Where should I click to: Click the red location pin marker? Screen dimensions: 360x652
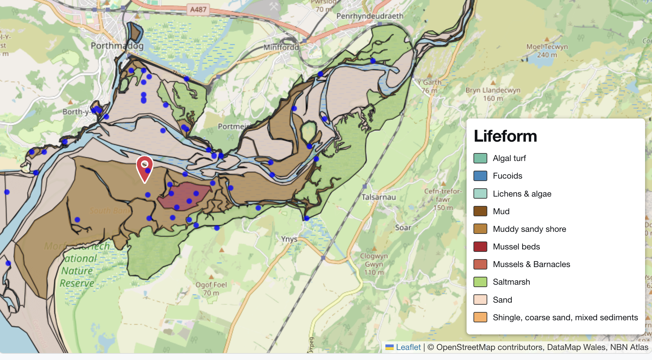pyautogui.click(x=145, y=167)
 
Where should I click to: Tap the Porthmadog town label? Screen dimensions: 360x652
pyautogui.click(x=117, y=46)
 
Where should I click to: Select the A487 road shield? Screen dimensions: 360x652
pyautogui.click(x=198, y=9)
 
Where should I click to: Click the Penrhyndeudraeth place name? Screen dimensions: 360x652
pyautogui.click(x=370, y=16)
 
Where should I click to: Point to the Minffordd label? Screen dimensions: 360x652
pyautogui.click(x=281, y=47)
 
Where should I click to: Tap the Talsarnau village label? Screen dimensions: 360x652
pyautogui.click(x=378, y=197)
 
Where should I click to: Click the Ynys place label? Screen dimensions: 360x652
pyautogui.click(x=289, y=239)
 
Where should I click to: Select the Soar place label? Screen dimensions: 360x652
pyautogui.click(x=403, y=228)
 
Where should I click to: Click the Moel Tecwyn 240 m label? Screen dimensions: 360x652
pyautogui.click(x=547, y=51)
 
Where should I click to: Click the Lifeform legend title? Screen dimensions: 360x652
pyautogui.click(x=505, y=136)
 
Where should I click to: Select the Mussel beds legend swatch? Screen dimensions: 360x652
pyautogui.click(x=480, y=247)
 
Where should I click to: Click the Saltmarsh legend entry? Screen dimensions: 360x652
pyautogui.click(x=511, y=282)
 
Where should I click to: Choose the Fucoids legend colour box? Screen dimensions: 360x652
pyautogui.click(x=480, y=176)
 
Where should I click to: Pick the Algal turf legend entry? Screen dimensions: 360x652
pyautogui.click(x=509, y=158)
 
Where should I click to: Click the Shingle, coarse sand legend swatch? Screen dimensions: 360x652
pyautogui.click(x=480, y=317)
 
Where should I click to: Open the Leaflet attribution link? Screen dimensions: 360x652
pyautogui.click(x=408, y=347)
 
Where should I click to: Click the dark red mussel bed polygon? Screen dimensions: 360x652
pyautogui.click(x=185, y=196)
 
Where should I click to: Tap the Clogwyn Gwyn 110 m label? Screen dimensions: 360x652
pyautogui.click(x=374, y=264)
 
